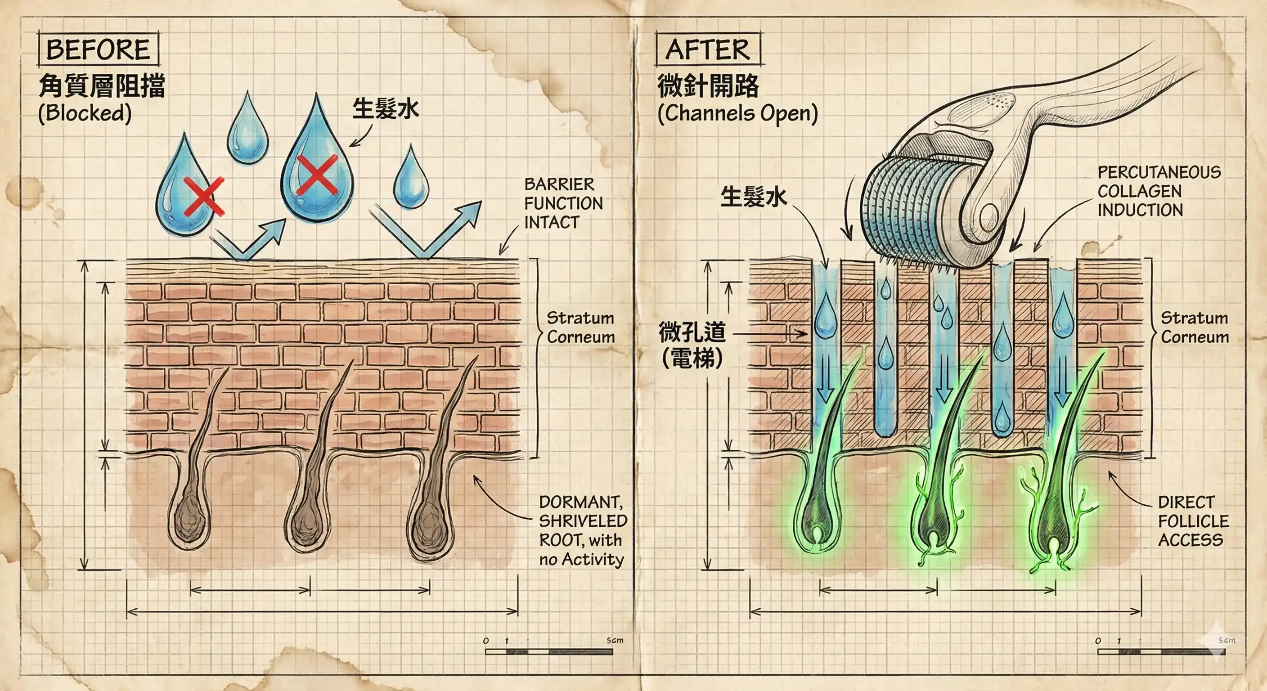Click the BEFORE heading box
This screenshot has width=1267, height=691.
click(x=99, y=49)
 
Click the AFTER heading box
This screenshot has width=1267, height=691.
click(x=708, y=49)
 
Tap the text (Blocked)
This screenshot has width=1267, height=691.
click(x=85, y=113)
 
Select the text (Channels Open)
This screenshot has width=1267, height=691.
click(x=738, y=113)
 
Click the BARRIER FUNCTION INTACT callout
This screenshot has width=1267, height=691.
click(x=563, y=203)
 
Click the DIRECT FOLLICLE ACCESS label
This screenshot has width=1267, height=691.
click(x=1193, y=521)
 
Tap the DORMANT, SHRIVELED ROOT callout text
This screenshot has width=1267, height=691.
click(x=582, y=531)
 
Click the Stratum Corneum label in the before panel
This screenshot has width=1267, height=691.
click(x=580, y=328)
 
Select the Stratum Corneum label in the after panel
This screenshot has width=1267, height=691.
click(x=1194, y=328)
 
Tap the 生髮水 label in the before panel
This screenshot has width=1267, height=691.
click(x=386, y=108)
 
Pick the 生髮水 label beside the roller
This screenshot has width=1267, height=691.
click(x=754, y=197)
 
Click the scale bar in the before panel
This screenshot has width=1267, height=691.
click(x=549, y=652)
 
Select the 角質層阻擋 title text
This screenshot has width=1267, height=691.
click(x=101, y=85)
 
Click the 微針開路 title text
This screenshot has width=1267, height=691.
click(x=708, y=85)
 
